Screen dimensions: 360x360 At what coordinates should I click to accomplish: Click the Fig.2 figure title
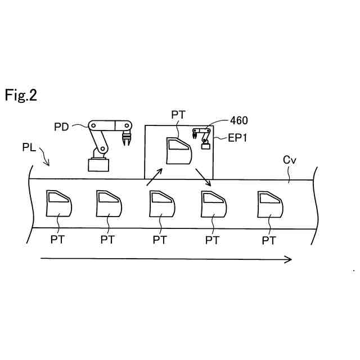[x=21, y=95]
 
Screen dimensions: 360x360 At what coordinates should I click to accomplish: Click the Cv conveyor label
[x=289, y=160]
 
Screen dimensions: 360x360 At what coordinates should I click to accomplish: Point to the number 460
[x=238, y=120]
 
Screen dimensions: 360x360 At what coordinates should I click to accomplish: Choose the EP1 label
[x=237, y=137]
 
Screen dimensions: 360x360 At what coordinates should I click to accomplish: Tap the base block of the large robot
[x=99, y=164]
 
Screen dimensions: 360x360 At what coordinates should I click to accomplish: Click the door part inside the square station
[x=178, y=150]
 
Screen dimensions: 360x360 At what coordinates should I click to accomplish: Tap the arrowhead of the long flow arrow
[x=289, y=259]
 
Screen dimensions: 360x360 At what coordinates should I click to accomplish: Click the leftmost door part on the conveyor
[x=58, y=204]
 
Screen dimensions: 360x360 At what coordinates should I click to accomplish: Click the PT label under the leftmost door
[x=57, y=240]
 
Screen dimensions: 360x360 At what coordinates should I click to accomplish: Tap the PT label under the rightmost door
[x=269, y=240]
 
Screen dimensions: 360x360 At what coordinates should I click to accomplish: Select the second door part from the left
[x=109, y=204]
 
